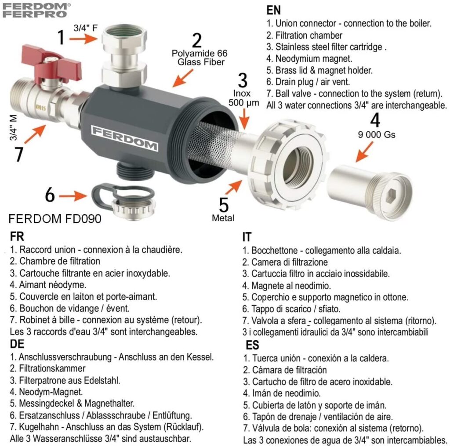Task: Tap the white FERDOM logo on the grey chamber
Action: coord(124,138)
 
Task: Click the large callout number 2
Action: coord(197,40)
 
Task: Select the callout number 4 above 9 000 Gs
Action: coord(375,120)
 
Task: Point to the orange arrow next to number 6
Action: coord(73,196)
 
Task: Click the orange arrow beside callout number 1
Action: coord(83,38)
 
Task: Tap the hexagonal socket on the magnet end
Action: coord(392,196)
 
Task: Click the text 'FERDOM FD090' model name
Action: coord(55,219)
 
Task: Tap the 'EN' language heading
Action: coord(273,11)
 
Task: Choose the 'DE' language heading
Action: coord(17,344)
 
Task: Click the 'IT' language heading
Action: coord(247,237)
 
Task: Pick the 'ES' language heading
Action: coord(252,345)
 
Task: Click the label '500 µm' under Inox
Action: coord(243,103)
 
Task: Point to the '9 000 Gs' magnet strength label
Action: coord(377,134)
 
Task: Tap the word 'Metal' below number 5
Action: coord(223,218)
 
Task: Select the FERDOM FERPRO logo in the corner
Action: coord(36,11)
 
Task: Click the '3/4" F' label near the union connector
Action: coord(86,28)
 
